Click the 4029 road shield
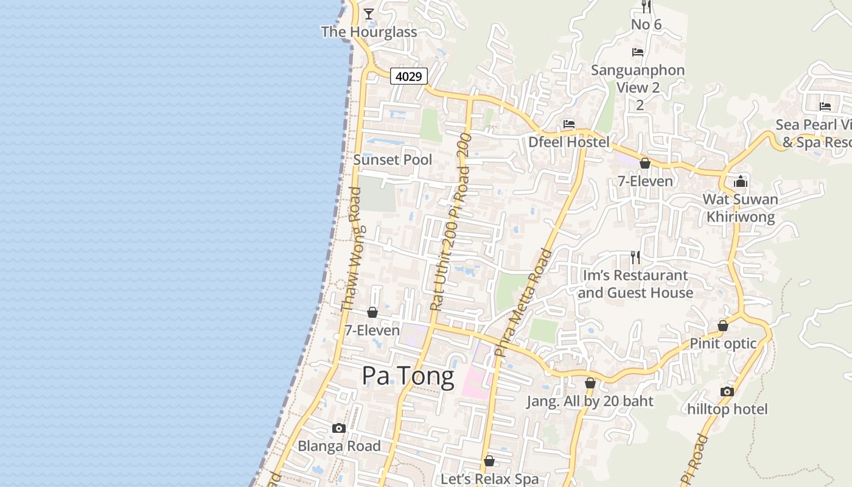point(408,76)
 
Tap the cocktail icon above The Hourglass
point(369,13)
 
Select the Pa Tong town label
point(408,376)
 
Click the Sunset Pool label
point(393,160)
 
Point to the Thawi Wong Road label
point(352,250)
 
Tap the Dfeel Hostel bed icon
point(569,124)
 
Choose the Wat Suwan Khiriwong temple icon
point(740,181)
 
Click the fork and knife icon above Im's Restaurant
point(635,257)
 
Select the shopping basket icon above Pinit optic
point(723,326)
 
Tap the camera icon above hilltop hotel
point(727,391)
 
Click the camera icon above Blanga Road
point(339,428)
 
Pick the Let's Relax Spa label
point(489,479)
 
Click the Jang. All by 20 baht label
point(590,402)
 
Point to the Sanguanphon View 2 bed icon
point(638,52)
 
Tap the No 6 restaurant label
point(646,25)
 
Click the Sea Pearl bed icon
point(825,107)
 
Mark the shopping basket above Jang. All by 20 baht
point(590,384)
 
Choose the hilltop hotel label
point(727,409)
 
